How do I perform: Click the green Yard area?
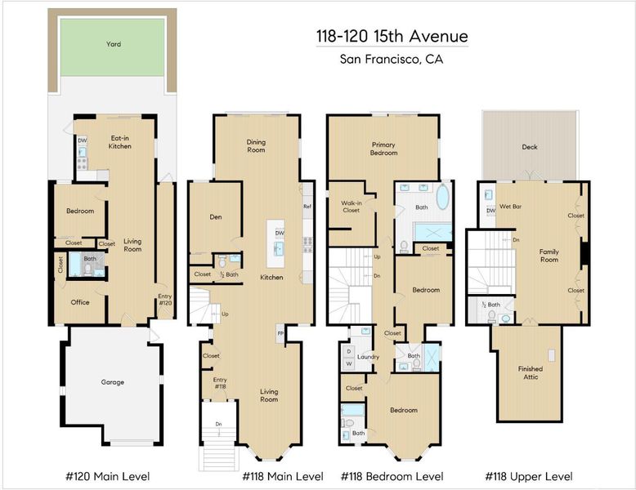[112, 47]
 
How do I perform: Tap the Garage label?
[112, 382]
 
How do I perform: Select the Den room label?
[216, 217]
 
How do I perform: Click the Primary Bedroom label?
[383, 149]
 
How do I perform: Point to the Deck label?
[530, 147]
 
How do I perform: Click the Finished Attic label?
[531, 373]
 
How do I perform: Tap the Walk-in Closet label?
[352, 207]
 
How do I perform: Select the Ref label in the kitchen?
[307, 207]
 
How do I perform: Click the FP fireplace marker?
[280, 333]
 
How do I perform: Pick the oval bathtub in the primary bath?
[443, 197]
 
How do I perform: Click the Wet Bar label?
[510, 207]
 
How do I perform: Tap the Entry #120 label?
[165, 300]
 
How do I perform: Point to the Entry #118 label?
[220, 383]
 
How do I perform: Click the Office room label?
[80, 302]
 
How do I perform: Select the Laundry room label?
[368, 357]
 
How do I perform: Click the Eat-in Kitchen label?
[119, 142]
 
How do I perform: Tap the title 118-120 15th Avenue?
[392, 37]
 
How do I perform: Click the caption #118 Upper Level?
[529, 476]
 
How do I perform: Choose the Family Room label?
[549, 256]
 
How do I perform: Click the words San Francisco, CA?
[392, 59]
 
